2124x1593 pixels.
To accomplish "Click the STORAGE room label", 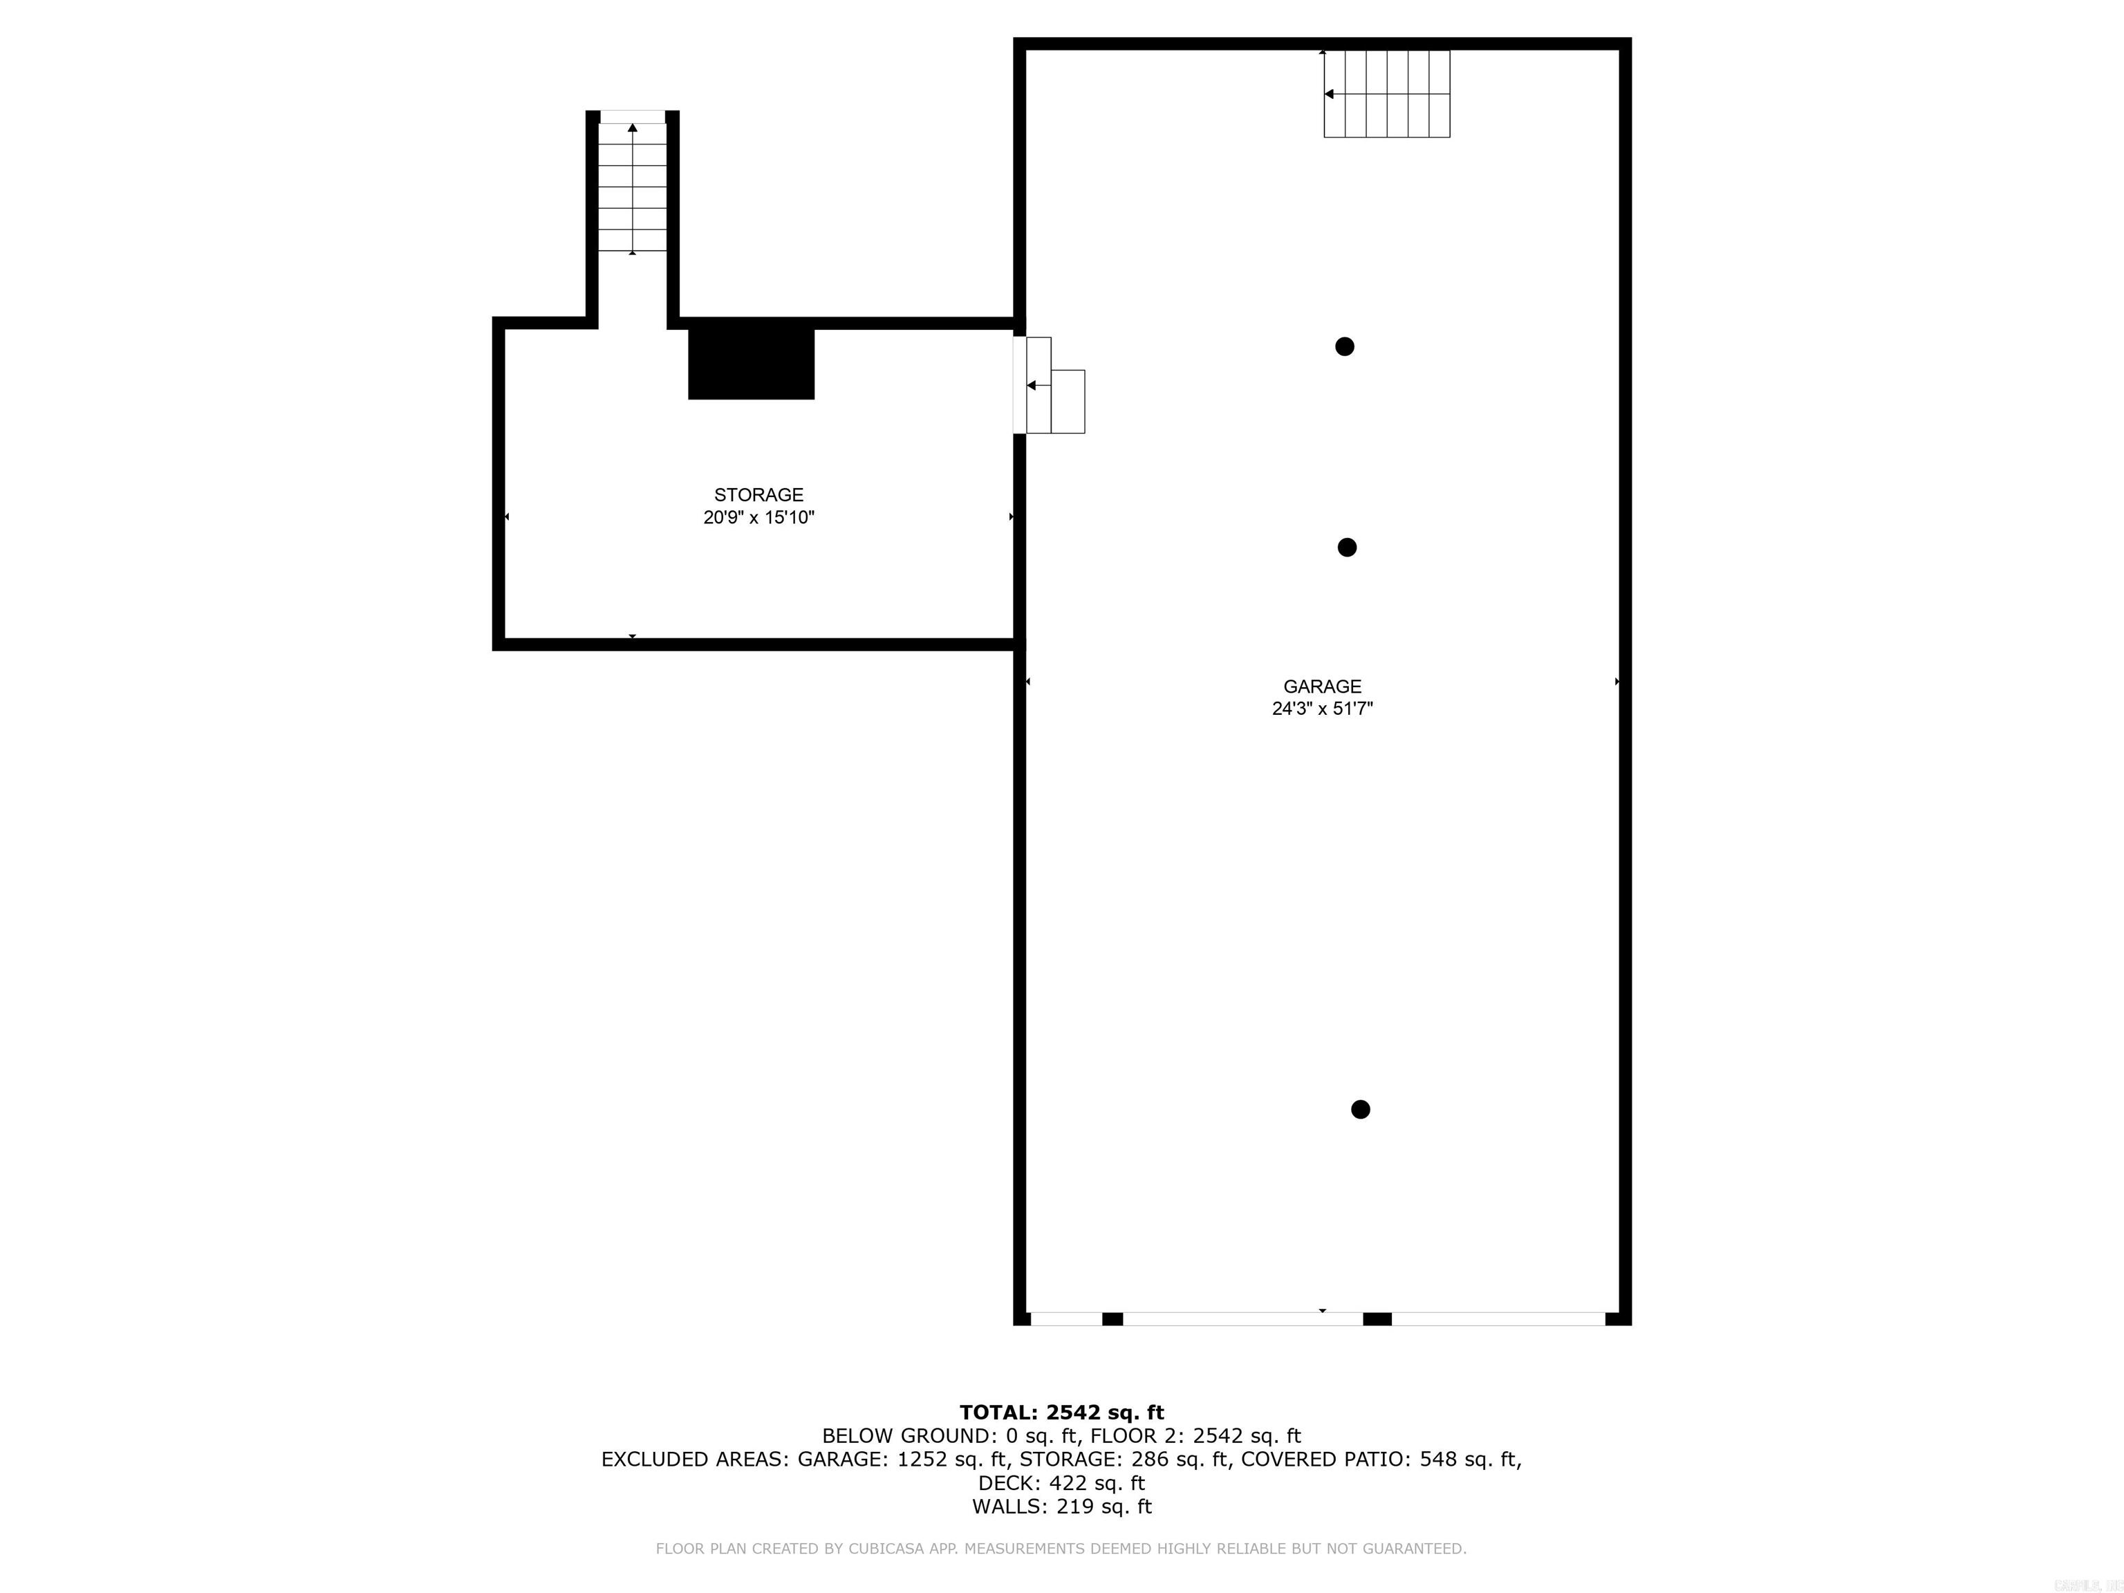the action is pyautogui.click(x=758, y=494).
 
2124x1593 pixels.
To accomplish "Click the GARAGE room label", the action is pyautogui.click(x=1322, y=687).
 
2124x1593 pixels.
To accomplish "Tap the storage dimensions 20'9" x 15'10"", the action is pyautogui.click(x=758, y=518).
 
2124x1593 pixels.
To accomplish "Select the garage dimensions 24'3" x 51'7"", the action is pyautogui.click(x=1322, y=709).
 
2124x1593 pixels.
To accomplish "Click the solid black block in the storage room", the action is pyautogui.click(x=751, y=364).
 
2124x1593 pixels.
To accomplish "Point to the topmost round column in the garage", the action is pyautogui.click(x=1344, y=346).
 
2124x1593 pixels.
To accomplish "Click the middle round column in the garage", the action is pyautogui.click(x=1347, y=548).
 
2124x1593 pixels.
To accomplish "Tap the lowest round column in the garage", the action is pyautogui.click(x=1361, y=1109).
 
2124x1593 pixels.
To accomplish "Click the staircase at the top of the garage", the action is pyautogui.click(x=1386, y=94).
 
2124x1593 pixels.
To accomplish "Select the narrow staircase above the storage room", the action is pyautogui.click(x=632, y=187).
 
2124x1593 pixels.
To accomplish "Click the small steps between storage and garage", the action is pyautogui.click(x=1055, y=385).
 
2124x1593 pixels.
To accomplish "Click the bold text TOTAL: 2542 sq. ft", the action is pyautogui.click(x=1062, y=1412).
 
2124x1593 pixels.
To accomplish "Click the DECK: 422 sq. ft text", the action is pyautogui.click(x=1062, y=1484).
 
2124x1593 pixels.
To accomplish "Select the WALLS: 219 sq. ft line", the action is pyautogui.click(x=1062, y=1507).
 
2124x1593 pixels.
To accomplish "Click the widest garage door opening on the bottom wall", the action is pyautogui.click(x=1242, y=1319).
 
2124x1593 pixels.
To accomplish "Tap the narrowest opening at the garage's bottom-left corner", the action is pyautogui.click(x=1066, y=1319).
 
